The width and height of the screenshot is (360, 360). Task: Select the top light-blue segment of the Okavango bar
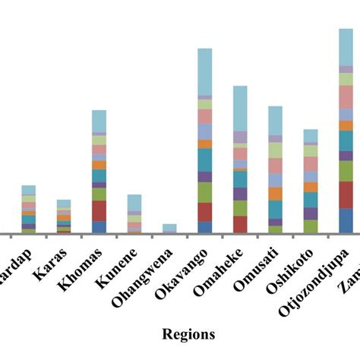204,72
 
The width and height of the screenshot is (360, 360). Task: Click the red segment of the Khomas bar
99,210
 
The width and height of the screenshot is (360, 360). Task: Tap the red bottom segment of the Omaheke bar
240,224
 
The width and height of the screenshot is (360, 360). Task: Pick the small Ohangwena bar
169,228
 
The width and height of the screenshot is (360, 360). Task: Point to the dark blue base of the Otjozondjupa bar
346,220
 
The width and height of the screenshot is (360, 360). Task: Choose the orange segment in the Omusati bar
275,193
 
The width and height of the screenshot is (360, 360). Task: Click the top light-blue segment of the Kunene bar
134,202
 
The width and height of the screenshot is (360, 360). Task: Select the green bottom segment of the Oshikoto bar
311,226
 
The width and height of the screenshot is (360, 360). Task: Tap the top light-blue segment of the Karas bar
64,203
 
